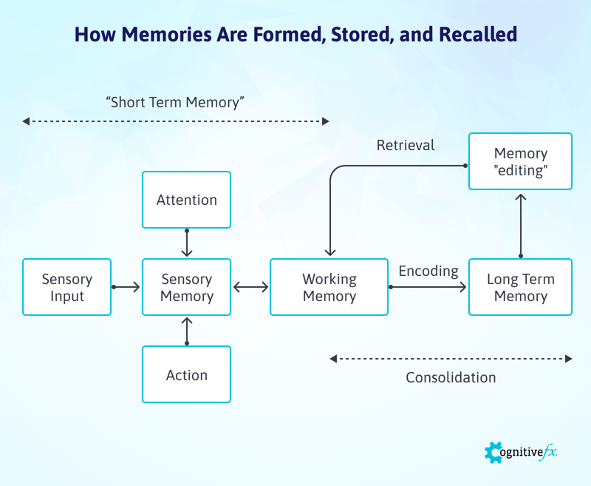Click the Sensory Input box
[66, 287]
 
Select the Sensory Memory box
[186, 287]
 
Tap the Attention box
[186, 200]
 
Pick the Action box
[186, 374]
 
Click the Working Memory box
[329, 287]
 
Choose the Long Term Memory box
[520, 287]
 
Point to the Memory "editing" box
[520, 161]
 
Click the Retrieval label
[406, 145]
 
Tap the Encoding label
[428, 271]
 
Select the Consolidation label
[451, 377]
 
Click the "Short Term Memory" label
[175, 103]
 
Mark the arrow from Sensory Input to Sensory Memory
[126, 287]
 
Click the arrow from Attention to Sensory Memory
[186, 243]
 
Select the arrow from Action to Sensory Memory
[186, 331]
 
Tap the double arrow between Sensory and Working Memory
[250, 287]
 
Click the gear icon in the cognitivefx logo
[493, 452]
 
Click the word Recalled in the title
[473, 34]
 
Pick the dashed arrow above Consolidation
[451, 359]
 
